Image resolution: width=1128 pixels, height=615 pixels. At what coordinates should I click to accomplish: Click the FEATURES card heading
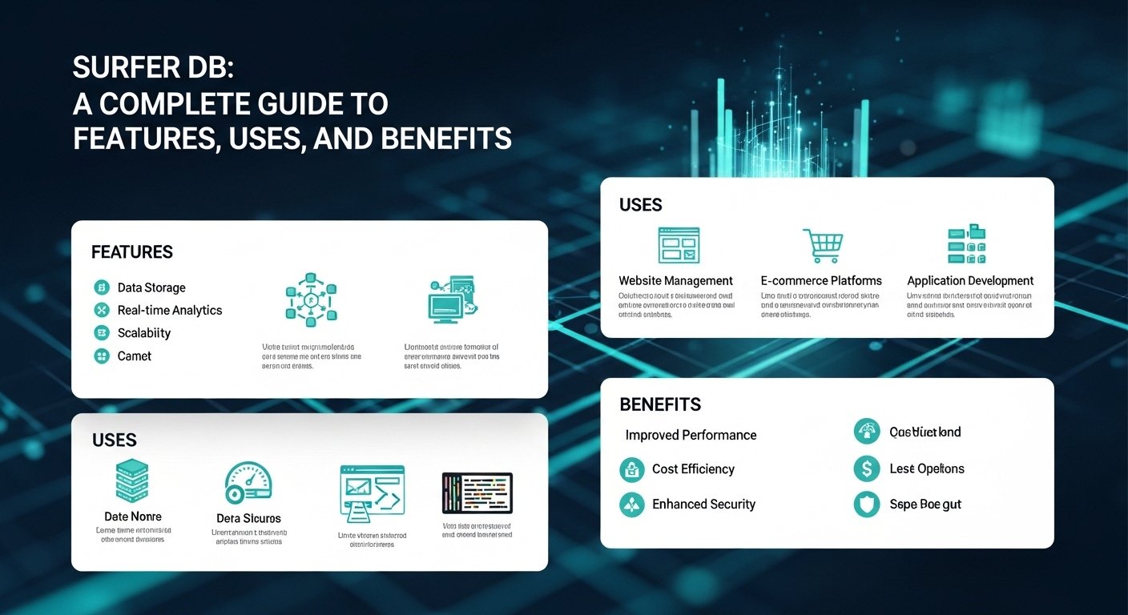click(x=132, y=252)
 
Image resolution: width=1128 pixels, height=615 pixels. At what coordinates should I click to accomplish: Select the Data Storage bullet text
click(x=151, y=287)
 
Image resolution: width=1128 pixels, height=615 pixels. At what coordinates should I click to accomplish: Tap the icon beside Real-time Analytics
click(x=101, y=310)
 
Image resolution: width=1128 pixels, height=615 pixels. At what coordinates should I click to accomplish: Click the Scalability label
click(x=144, y=333)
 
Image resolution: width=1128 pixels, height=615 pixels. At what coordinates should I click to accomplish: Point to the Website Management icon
click(x=679, y=245)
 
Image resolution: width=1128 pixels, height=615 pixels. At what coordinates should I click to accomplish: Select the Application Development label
click(x=970, y=281)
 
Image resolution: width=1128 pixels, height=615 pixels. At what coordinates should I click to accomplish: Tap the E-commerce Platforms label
click(x=821, y=281)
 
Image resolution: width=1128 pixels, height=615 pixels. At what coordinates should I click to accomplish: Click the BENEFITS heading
click(x=660, y=404)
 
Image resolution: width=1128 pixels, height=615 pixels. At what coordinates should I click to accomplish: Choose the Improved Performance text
click(x=691, y=435)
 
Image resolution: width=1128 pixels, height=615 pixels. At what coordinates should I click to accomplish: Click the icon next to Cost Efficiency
click(x=632, y=469)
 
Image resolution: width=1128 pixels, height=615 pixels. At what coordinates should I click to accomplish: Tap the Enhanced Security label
click(x=703, y=504)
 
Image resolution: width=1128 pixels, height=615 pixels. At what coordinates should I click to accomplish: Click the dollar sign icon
click(x=867, y=469)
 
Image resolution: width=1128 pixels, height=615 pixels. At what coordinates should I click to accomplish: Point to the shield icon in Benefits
click(x=867, y=504)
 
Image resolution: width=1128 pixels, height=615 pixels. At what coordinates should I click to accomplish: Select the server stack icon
click(x=133, y=481)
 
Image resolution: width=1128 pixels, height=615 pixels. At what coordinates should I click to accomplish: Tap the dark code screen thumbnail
click(x=477, y=492)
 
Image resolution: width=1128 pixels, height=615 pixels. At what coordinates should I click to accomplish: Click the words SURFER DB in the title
click(x=152, y=69)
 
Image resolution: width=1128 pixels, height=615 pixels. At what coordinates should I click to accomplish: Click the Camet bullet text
click(x=135, y=356)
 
